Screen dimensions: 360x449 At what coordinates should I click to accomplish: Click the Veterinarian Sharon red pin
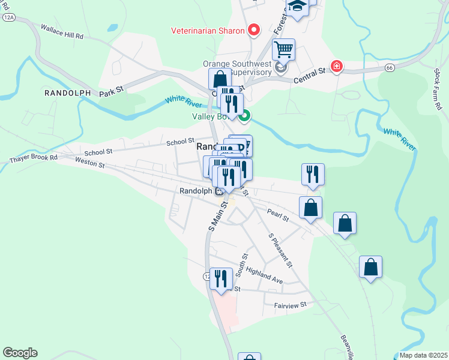[x=254, y=30]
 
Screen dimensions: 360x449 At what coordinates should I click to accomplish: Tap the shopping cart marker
[x=283, y=49]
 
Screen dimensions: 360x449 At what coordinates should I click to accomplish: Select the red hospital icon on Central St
[x=336, y=66]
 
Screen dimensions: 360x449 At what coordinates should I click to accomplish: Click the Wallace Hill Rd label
[x=61, y=32]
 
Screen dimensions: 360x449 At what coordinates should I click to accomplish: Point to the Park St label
[x=111, y=92]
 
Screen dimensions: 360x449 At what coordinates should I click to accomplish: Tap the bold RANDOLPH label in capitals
[x=67, y=93]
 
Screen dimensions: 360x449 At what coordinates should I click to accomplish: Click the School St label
[x=179, y=142]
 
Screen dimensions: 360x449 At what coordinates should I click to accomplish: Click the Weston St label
[x=90, y=162]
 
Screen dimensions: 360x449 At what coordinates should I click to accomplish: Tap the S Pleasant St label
[x=280, y=250]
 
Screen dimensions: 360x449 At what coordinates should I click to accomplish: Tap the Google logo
[x=20, y=353]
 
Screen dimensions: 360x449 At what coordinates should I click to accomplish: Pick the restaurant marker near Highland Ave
[x=220, y=278]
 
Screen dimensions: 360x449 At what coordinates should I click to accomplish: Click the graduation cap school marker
[x=297, y=7]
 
